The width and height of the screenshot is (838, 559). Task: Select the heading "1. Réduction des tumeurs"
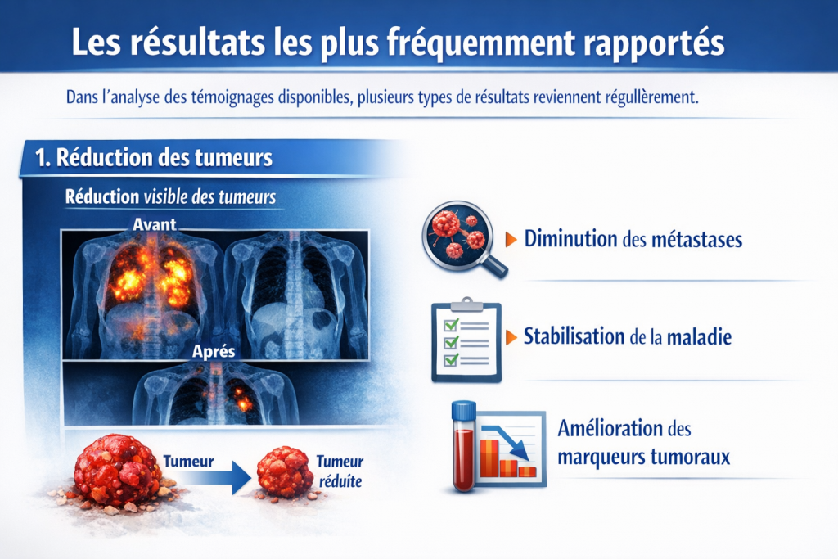click(154, 157)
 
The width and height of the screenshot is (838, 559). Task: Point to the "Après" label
click(214, 352)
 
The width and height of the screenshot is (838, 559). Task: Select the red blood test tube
click(464, 446)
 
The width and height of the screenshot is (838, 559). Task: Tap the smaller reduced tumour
click(284, 472)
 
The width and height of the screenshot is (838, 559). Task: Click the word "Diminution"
click(570, 240)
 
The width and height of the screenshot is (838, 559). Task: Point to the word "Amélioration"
click(610, 428)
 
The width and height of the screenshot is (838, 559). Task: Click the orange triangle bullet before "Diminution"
click(511, 240)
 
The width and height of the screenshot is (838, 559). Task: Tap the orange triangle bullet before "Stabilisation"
click(511, 336)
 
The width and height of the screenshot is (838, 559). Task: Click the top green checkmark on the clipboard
click(450, 325)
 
